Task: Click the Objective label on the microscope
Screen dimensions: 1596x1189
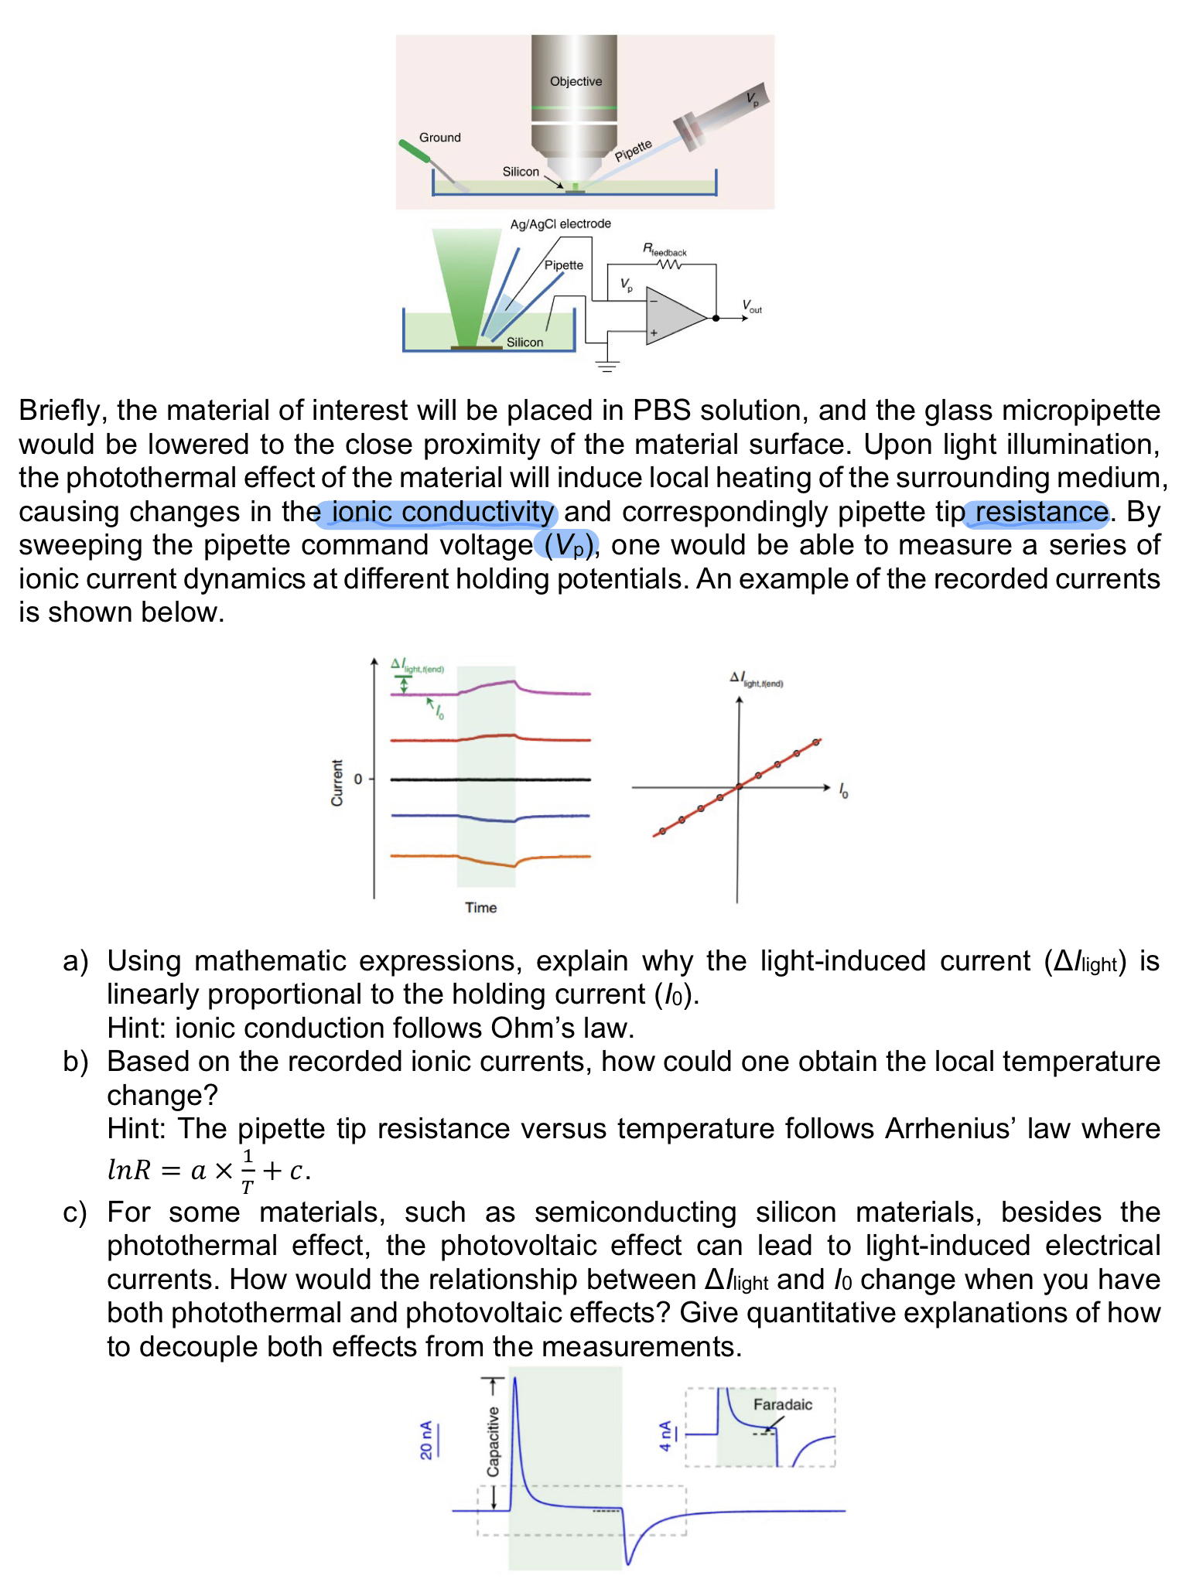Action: click(x=576, y=81)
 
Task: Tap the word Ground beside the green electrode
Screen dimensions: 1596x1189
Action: click(x=439, y=138)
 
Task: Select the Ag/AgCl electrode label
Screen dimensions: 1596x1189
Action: click(x=560, y=223)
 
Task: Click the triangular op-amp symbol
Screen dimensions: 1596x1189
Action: click(x=674, y=318)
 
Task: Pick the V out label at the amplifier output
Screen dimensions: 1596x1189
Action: click(x=752, y=306)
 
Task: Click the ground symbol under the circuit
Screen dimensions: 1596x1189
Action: click(x=607, y=366)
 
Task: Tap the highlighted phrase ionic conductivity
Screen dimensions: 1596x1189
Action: click(x=442, y=512)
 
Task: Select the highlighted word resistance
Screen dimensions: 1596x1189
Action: click(x=1040, y=512)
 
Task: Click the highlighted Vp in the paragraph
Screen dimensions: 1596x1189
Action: click(x=567, y=546)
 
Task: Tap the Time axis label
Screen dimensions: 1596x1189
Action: click(x=480, y=908)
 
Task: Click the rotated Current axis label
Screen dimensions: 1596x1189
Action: click(x=337, y=783)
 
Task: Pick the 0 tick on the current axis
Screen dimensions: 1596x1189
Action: click(x=358, y=779)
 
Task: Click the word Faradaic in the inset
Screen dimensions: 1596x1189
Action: click(x=782, y=1405)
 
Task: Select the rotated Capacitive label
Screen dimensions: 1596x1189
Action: click(x=493, y=1441)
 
